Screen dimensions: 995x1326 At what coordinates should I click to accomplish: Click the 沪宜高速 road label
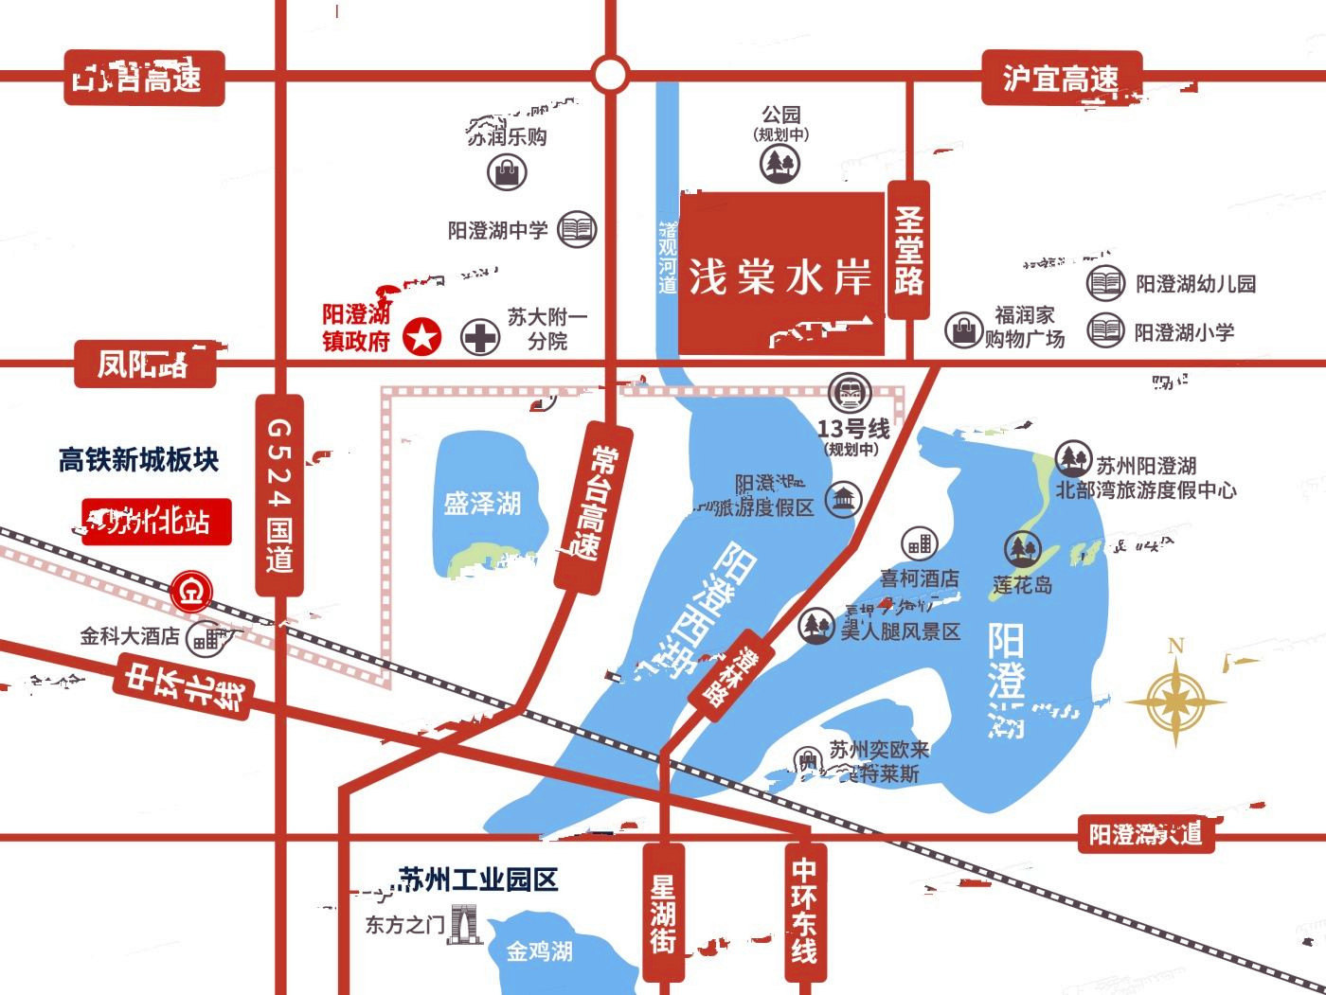point(1061,78)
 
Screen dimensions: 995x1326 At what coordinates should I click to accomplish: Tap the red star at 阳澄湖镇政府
point(422,337)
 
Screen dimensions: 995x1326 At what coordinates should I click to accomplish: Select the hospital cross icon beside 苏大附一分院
point(480,338)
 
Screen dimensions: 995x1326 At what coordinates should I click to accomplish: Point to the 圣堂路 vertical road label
point(908,251)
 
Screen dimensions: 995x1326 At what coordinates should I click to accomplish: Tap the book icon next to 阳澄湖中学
point(577,229)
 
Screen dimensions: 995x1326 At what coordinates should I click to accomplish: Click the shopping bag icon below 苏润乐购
point(507,172)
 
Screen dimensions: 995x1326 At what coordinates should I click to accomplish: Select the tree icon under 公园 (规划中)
point(779,163)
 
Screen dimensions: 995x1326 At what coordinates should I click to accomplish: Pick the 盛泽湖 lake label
point(482,503)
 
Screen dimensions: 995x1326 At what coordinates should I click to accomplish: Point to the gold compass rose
point(1175,700)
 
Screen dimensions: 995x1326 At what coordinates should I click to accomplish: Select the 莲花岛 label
point(1022,585)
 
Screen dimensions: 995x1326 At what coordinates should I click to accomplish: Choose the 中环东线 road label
point(803,910)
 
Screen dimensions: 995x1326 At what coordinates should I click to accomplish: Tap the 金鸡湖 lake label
point(539,951)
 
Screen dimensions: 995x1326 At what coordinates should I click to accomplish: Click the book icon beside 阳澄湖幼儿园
point(1104,282)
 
